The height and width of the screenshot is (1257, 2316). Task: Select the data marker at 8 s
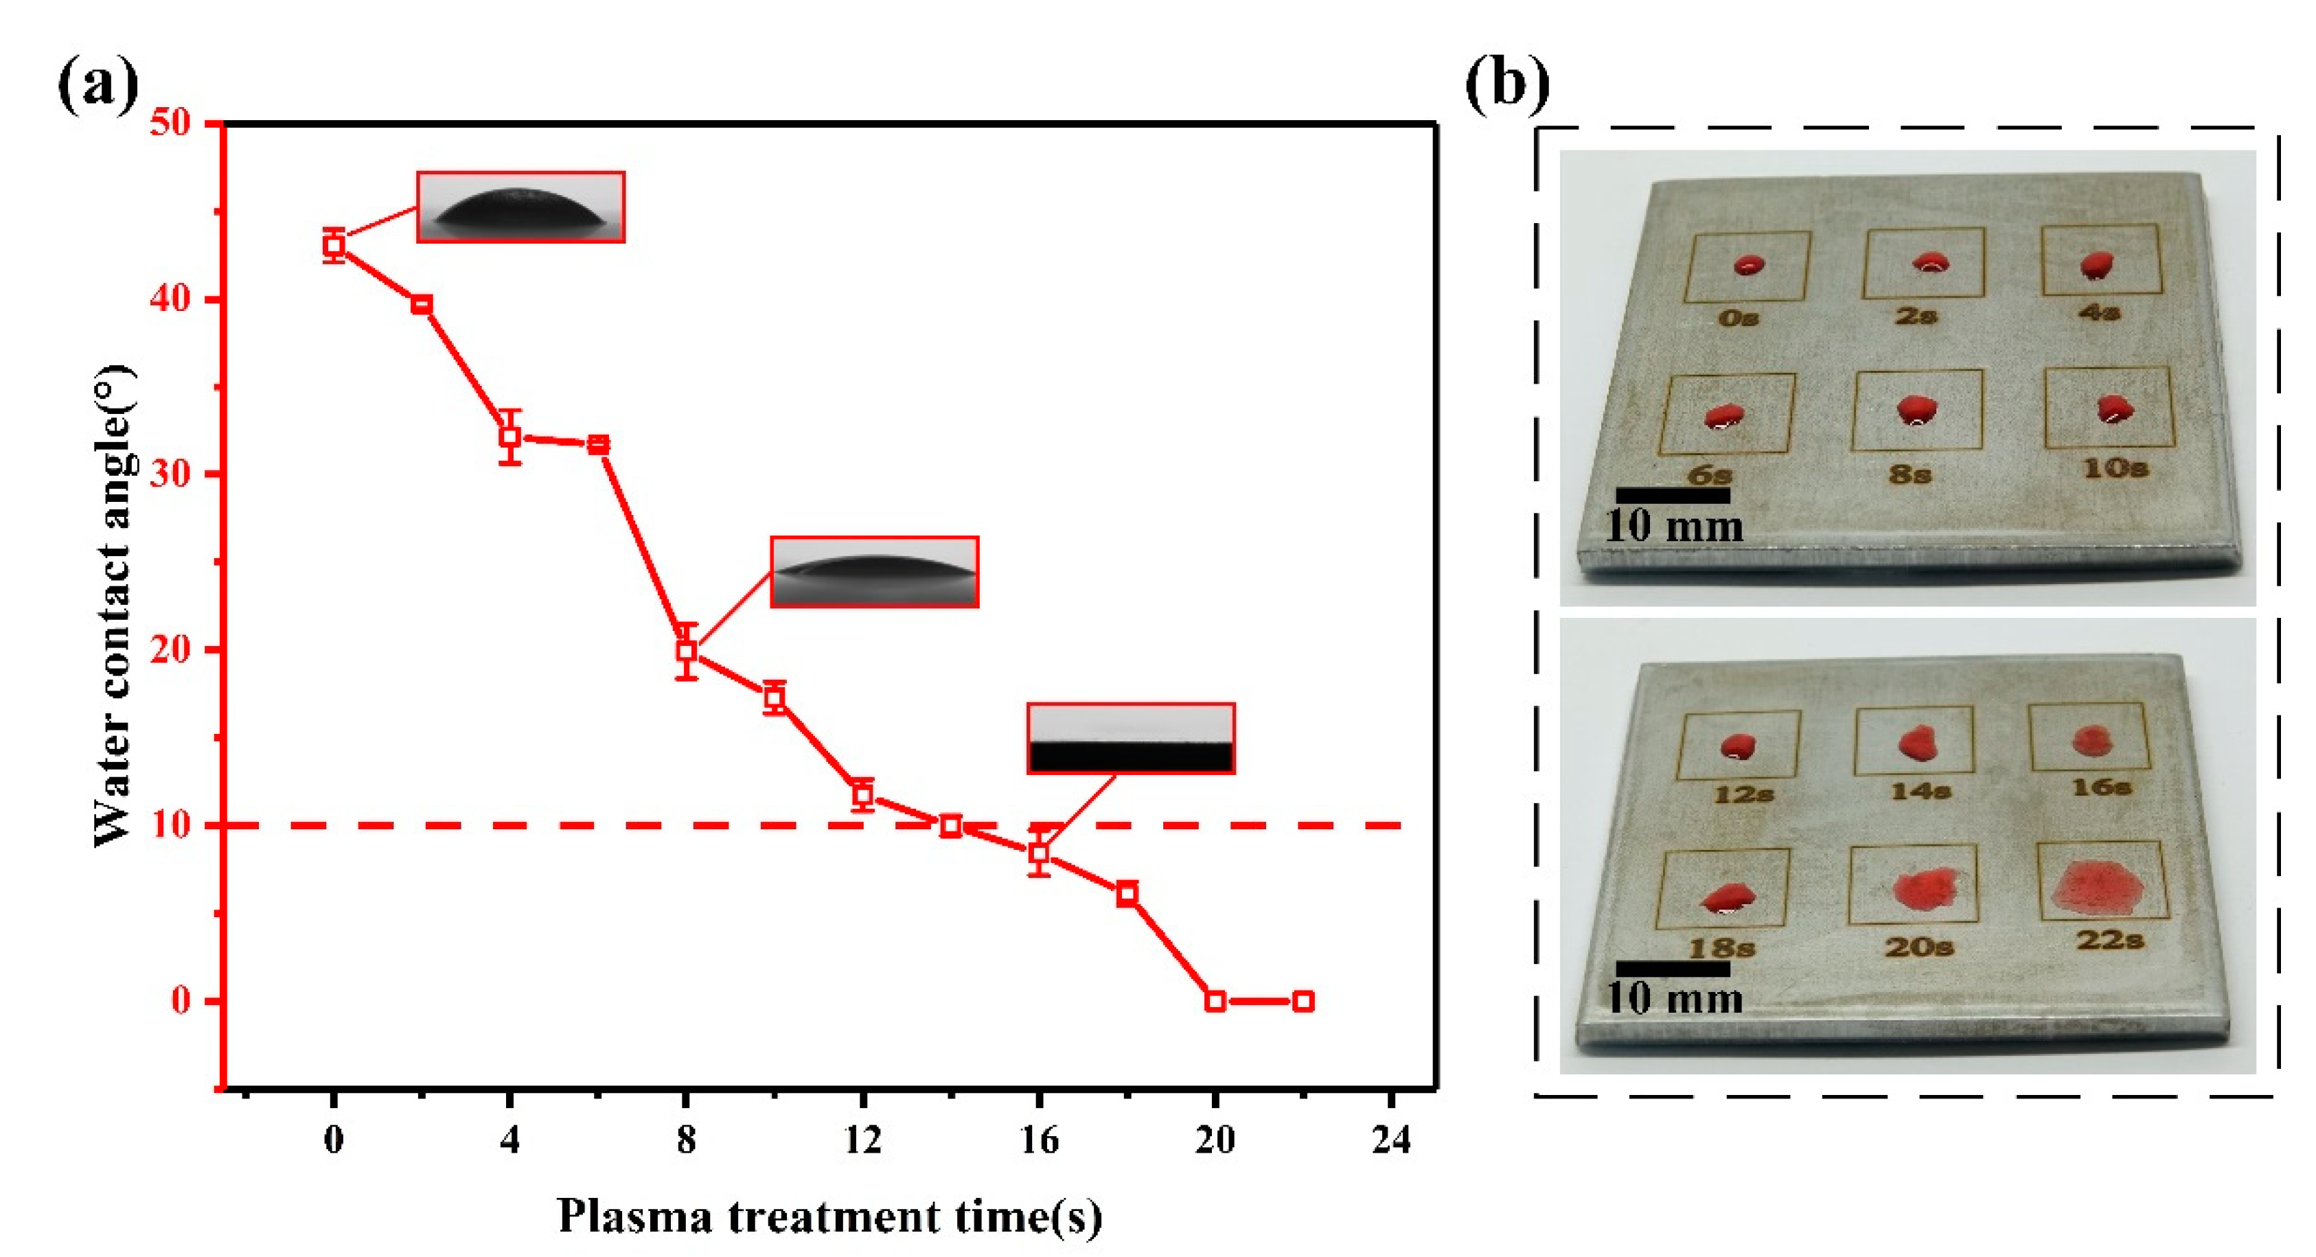687,649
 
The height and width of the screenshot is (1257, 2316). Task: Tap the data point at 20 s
1215,1001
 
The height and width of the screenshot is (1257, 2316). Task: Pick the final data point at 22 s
1303,1001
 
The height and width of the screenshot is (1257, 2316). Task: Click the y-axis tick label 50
172,123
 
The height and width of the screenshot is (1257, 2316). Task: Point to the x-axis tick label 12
862,1140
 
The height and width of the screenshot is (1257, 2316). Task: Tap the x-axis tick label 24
1391,1140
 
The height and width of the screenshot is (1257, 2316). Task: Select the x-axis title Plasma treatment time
829,1216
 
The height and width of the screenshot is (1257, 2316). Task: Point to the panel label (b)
1508,85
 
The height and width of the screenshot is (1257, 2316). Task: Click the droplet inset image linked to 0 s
520,207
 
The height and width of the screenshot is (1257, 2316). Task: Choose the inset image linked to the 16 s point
1131,738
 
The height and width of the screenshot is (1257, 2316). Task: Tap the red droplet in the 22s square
2098,888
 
